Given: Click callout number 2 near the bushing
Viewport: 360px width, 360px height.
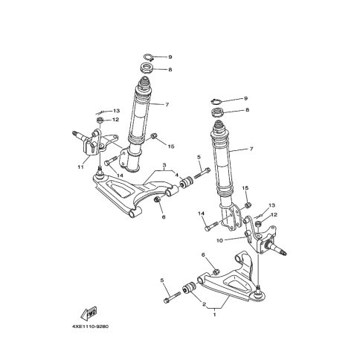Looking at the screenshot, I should [x=183, y=304].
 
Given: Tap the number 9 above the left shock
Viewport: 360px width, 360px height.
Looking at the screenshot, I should [x=170, y=57].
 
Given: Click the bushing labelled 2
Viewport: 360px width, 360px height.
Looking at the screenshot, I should [x=190, y=287].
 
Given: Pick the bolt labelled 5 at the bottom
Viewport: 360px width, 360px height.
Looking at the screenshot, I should [x=173, y=298].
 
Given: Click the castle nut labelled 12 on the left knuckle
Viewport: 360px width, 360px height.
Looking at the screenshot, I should [x=99, y=120].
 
